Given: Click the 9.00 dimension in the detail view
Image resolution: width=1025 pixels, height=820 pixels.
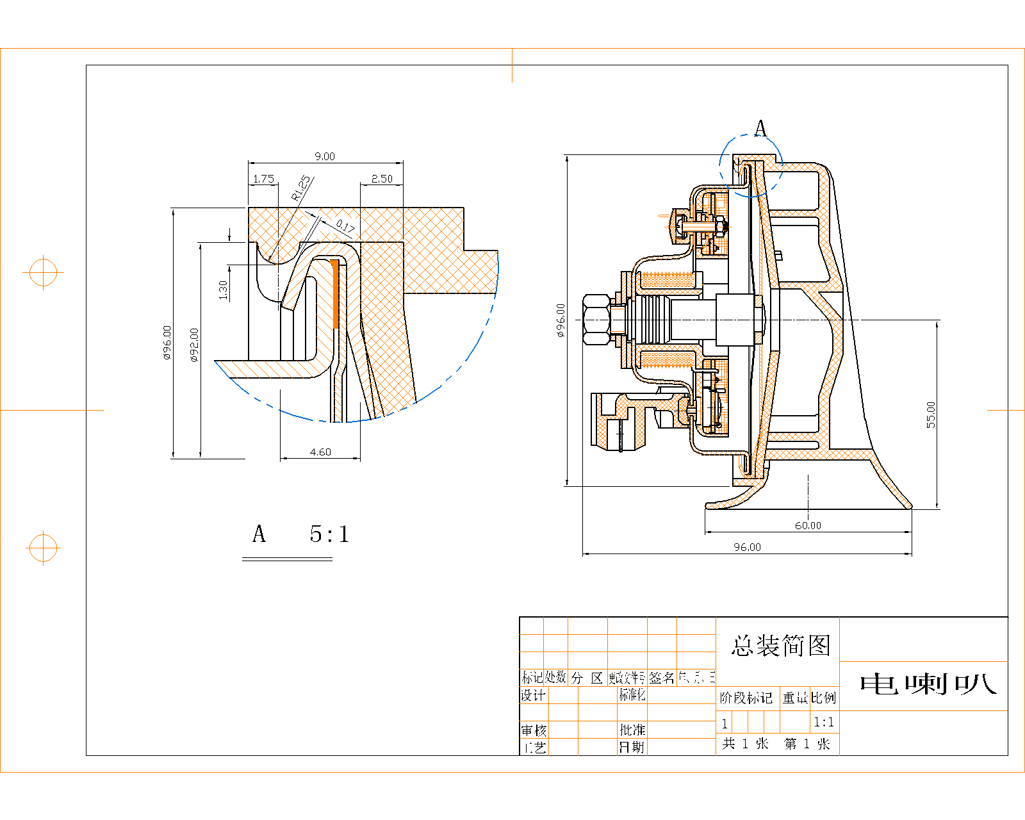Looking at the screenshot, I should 324,156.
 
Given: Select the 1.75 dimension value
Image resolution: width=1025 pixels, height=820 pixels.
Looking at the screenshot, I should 263,179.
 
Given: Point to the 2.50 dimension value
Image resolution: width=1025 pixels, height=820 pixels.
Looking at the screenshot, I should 382,179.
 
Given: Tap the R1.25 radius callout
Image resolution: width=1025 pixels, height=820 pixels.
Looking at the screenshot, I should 302,188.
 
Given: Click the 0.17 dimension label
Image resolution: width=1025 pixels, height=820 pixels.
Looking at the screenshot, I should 345,225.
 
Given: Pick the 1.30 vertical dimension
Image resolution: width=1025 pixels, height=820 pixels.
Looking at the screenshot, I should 223,290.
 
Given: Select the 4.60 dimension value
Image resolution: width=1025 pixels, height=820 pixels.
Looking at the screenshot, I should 320,452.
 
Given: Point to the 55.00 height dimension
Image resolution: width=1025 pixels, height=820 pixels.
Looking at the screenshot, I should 931,414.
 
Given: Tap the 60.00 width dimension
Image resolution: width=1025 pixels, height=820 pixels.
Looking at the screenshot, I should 808,525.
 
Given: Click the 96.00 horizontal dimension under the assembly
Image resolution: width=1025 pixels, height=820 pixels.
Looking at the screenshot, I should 747,547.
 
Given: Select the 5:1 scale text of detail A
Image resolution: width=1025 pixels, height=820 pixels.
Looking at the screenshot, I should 329,534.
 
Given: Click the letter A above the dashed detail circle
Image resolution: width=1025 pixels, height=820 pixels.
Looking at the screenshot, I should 760,129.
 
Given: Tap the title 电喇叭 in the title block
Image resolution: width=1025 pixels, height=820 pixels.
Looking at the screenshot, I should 928,684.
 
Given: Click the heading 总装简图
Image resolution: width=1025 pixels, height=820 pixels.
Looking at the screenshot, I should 781,646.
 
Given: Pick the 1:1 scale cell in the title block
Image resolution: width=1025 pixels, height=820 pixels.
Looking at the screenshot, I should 824,723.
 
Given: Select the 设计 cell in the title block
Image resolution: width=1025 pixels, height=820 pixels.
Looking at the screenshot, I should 533,695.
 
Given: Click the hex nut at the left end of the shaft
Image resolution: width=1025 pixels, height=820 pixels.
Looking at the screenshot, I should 596,319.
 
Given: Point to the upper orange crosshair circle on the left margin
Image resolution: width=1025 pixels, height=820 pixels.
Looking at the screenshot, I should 43,273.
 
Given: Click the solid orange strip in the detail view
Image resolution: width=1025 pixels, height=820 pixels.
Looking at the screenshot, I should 334,293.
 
